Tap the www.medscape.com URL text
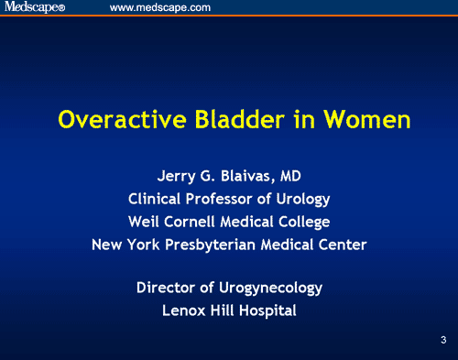pyautogui.click(x=160, y=8)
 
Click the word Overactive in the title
pyautogui.click(x=112, y=120)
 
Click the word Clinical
pyautogui.click(x=158, y=199)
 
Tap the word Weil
pyautogui.click(x=145, y=222)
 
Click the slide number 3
pyautogui.click(x=442, y=341)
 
